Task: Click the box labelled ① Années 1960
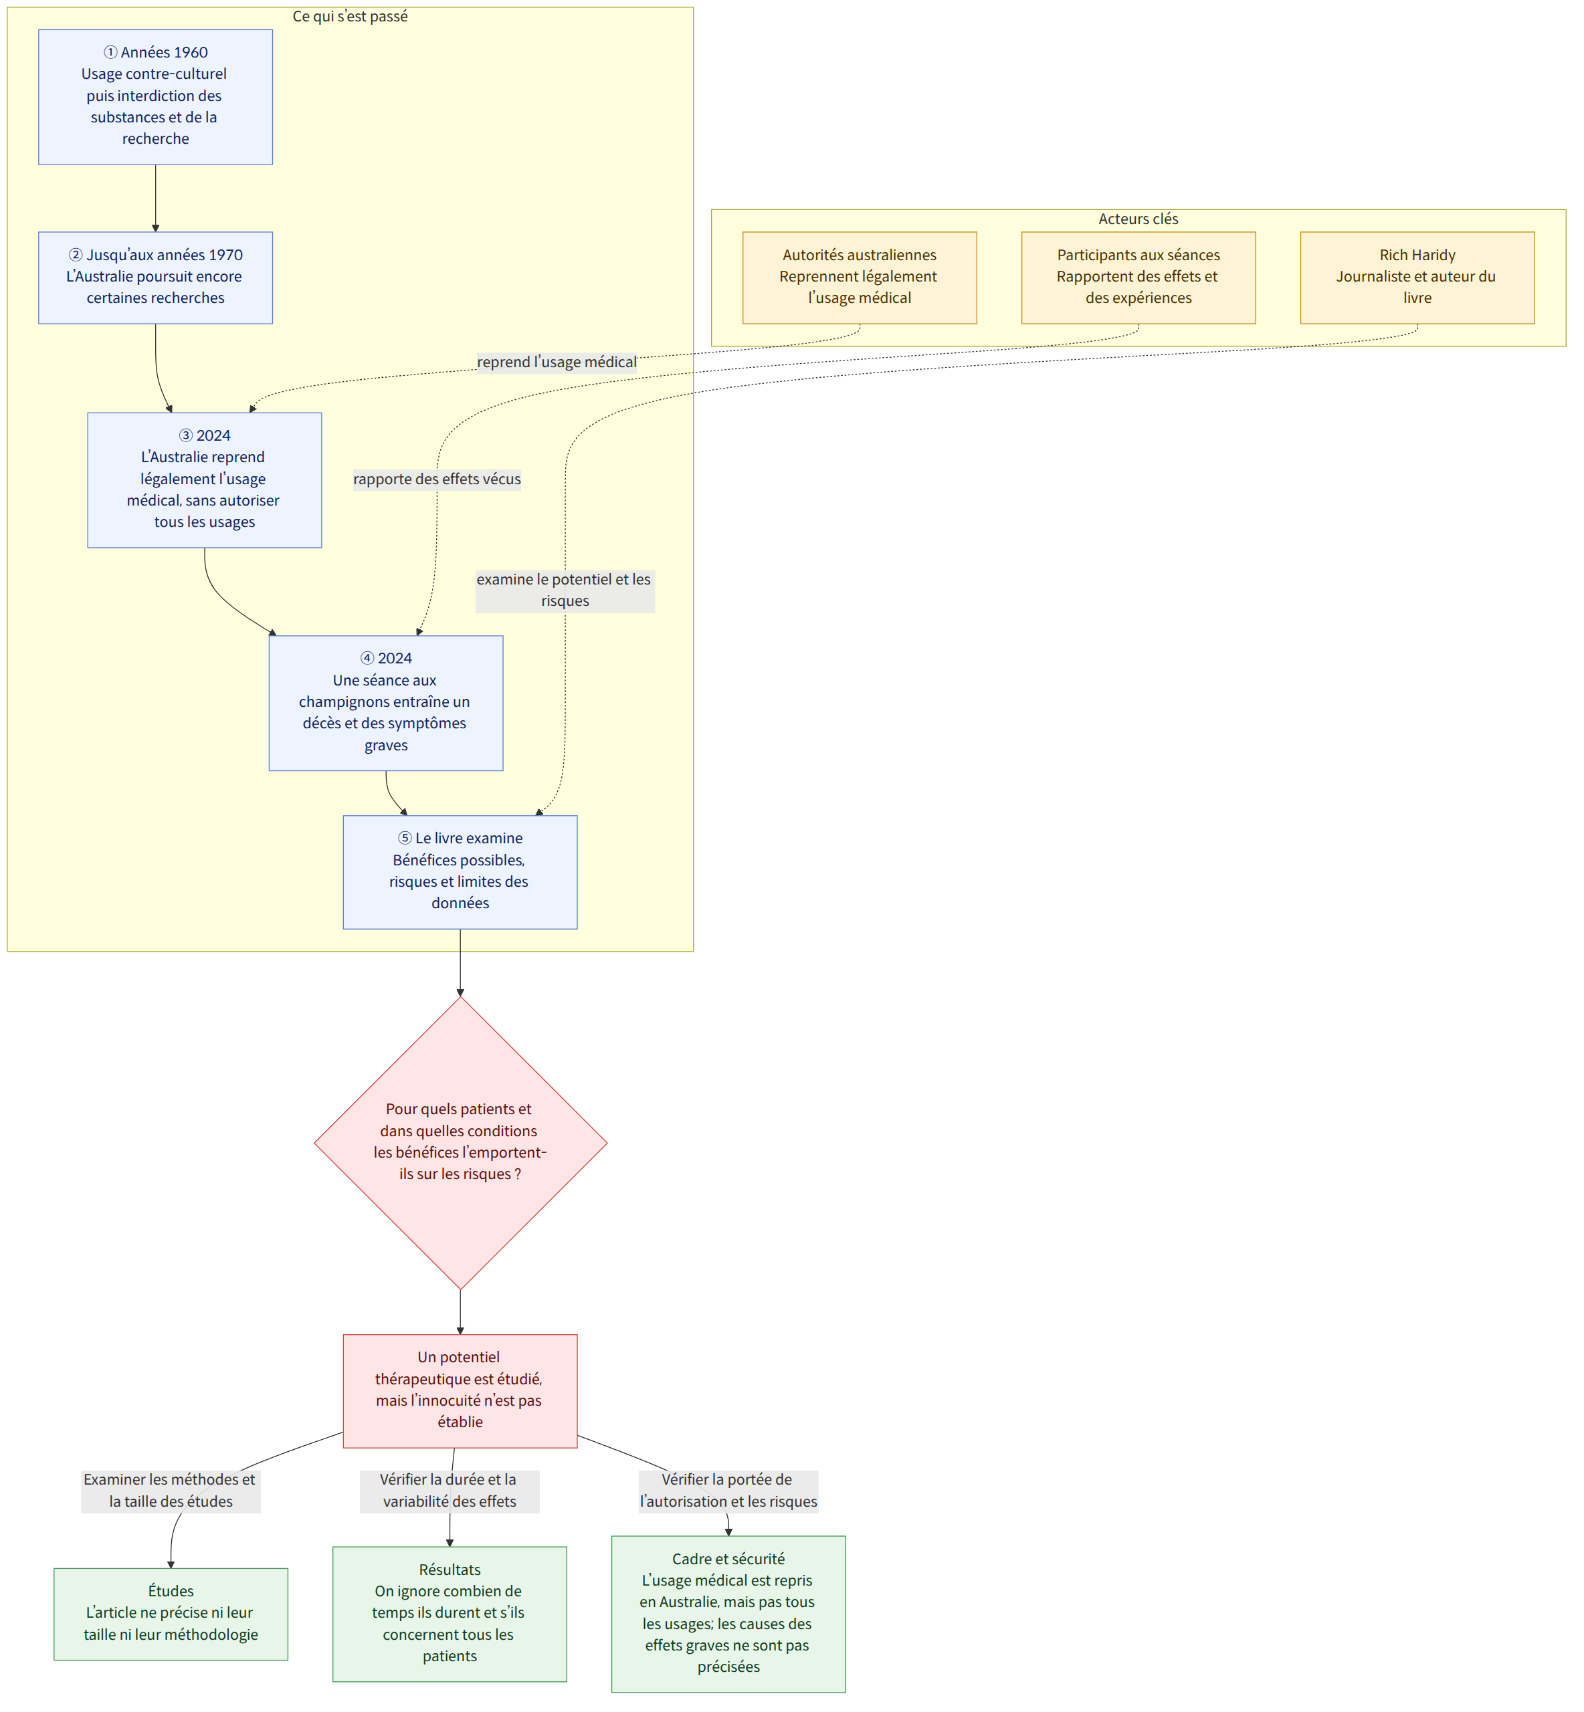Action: point(155,97)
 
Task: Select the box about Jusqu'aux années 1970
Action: point(155,278)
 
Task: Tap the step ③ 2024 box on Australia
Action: point(204,480)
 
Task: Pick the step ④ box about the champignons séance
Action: point(386,703)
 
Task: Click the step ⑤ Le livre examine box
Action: point(460,871)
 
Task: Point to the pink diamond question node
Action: point(460,1142)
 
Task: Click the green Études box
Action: point(171,1614)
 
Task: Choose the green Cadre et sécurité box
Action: point(728,1614)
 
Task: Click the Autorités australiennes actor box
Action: point(860,278)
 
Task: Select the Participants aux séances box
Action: point(1138,278)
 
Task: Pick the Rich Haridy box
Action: point(1417,278)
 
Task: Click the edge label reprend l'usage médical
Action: point(557,362)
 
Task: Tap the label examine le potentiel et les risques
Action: point(565,591)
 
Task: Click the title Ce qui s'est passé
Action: point(351,16)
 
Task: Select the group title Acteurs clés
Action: point(1138,219)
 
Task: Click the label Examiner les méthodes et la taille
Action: point(171,1490)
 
